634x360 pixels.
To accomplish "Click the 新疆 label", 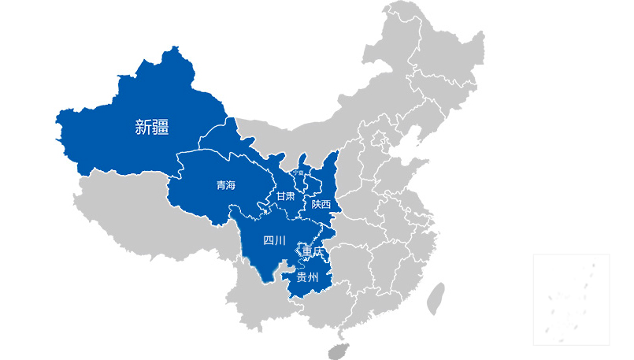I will coord(152,127).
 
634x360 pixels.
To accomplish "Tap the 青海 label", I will coord(226,186).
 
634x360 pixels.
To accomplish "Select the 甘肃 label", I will coord(284,195).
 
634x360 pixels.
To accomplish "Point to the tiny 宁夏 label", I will coord(298,173).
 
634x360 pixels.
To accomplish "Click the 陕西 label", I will coord(321,204).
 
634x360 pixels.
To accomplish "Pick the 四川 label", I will coord(274,240).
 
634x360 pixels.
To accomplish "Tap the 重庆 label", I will coord(313,252).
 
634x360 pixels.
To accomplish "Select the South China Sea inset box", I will coord(571,299).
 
